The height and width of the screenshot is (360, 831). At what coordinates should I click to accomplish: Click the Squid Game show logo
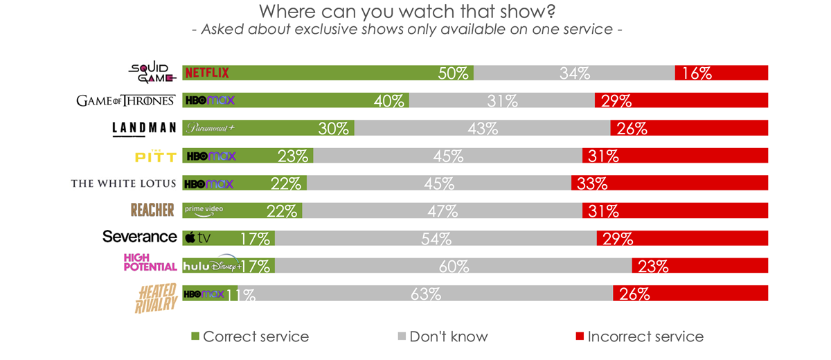point(152,72)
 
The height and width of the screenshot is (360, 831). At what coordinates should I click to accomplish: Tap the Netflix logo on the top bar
point(206,73)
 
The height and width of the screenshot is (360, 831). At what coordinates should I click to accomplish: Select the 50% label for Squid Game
point(454,73)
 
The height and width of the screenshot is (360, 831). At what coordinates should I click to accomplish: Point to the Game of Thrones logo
point(125,100)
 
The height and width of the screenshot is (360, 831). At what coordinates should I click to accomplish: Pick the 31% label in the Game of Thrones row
point(502,101)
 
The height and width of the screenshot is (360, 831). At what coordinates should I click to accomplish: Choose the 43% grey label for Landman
point(483,129)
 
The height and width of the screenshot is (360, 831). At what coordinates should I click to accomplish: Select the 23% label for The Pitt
point(292,156)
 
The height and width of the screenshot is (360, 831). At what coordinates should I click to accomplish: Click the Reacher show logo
point(152,210)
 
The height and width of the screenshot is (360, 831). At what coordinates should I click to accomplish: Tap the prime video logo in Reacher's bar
point(204,210)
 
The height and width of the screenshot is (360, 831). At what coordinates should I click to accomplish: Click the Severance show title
point(140,237)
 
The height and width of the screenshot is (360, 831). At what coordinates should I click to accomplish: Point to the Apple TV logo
point(198,238)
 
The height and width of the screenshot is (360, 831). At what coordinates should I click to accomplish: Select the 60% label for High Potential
point(454,267)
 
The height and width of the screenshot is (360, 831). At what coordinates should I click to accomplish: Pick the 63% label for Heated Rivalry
point(425,294)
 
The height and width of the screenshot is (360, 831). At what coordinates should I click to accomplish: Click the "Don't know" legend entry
point(448,337)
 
